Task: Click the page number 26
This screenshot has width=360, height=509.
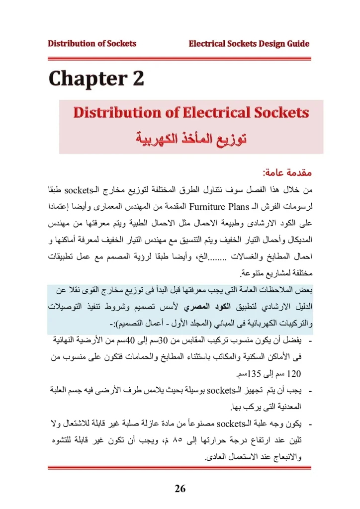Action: click(x=180, y=489)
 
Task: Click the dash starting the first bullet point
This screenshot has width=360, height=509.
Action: click(x=311, y=343)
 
